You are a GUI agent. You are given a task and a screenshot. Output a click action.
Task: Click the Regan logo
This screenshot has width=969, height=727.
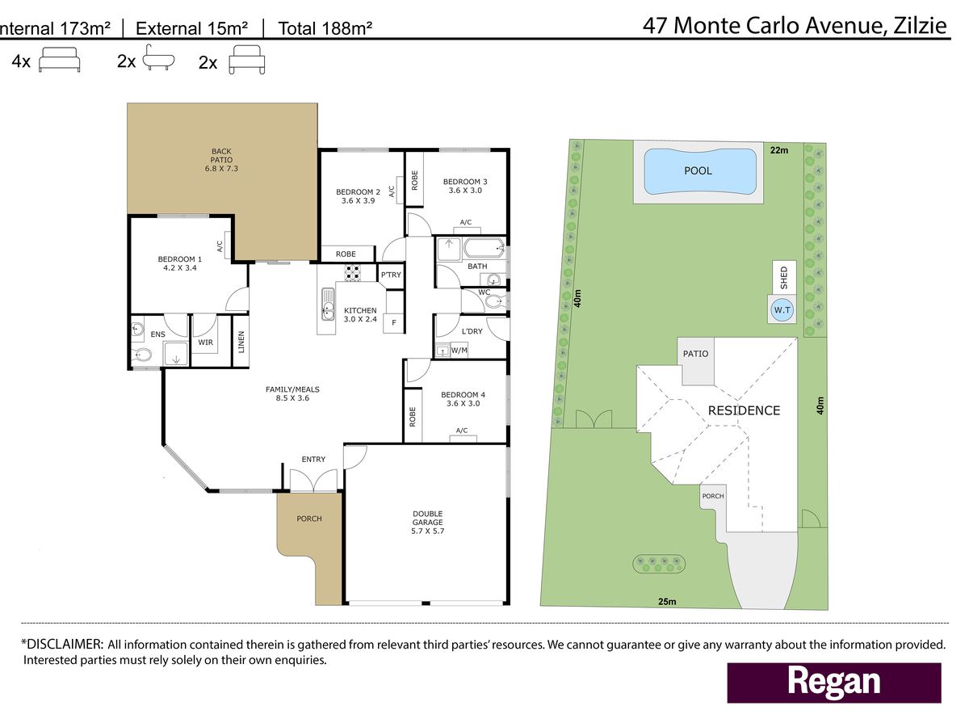coord(834,683)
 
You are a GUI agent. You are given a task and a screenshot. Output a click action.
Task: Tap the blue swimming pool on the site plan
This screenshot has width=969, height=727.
coord(701,171)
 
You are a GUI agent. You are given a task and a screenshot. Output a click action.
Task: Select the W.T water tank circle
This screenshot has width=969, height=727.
coord(782,310)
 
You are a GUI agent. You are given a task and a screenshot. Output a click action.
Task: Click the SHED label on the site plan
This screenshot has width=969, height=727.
coord(783,278)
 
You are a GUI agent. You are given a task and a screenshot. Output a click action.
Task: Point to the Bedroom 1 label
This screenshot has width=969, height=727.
coord(180,263)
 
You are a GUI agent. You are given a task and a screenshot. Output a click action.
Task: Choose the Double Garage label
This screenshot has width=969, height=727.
coord(427,522)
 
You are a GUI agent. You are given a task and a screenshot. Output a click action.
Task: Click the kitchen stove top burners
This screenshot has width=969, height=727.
coord(352,272)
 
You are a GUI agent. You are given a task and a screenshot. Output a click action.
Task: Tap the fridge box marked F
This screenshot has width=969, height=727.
coord(393,322)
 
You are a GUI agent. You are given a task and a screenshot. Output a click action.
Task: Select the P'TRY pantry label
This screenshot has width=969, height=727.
coord(391,275)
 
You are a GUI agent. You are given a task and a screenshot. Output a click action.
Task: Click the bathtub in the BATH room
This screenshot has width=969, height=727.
coord(484,248)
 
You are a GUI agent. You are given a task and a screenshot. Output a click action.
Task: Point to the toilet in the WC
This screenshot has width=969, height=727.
coord(495,302)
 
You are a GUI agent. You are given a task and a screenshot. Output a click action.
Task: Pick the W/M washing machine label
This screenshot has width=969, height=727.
coord(459,351)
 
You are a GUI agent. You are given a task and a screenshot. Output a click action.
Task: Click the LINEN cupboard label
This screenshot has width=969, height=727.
coord(241,342)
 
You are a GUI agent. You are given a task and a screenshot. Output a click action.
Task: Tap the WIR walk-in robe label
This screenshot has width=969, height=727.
coord(205,342)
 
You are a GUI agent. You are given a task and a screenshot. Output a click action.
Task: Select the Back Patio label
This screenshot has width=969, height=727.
coord(221,160)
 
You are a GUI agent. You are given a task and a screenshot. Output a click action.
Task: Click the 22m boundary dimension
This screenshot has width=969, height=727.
coord(779,150)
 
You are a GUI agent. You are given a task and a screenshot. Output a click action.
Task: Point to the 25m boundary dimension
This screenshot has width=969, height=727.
coord(667,601)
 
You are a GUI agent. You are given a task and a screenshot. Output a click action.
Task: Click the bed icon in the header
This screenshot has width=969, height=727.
coord(59,59)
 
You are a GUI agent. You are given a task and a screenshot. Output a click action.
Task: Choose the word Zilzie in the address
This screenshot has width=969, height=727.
coord(921,26)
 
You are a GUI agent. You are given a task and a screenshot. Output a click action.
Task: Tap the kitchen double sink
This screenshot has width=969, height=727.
coord(328,305)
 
